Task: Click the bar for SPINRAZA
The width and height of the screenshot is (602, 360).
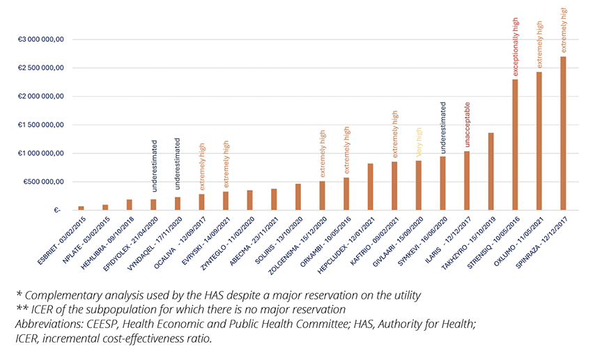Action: (x=563, y=133)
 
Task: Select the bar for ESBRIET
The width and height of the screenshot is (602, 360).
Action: (x=81, y=208)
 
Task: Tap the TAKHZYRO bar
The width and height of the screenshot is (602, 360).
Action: (x=491, y=171)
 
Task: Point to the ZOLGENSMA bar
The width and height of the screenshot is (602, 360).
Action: (x=322, y=196)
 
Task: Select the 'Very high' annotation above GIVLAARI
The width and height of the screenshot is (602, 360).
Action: (x=419, y=142)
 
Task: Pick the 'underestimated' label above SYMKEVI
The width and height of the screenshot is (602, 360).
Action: (x=443, y=127)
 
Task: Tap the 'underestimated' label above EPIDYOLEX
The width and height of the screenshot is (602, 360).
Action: (x=153, y=166)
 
